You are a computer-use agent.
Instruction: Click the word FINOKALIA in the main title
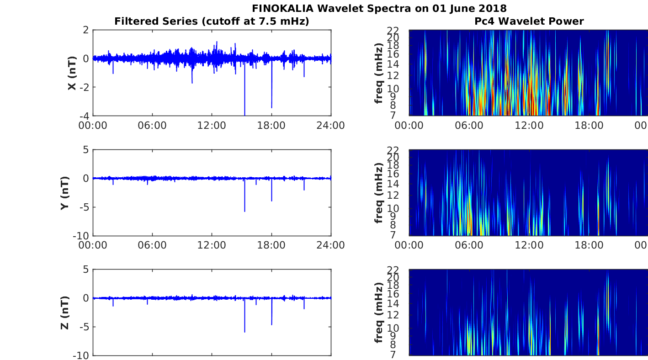[282, 8]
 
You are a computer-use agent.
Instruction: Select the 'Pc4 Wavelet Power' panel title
[529, 21]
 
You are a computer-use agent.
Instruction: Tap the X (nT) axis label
[72, 73]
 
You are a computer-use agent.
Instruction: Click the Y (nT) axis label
[65, 193]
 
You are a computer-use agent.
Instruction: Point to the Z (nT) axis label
[65, 313]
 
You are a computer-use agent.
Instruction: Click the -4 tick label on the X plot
[85, 116]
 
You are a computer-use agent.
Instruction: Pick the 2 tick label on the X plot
[86, 30]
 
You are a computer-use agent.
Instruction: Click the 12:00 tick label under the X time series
[212, 126]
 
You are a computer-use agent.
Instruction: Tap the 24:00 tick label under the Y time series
[330, 245]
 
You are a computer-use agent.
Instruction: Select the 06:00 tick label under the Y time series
[152, 245]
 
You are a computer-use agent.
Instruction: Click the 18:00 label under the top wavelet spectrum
[589, 126]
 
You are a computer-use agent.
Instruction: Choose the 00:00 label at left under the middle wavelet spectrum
[409, 245]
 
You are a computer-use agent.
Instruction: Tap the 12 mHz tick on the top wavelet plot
[393, 75]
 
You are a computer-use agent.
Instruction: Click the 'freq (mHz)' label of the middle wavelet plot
[379, 193]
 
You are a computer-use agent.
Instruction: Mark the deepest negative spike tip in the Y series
[245, 212]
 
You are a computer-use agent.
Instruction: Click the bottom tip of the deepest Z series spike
[245, 332]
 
